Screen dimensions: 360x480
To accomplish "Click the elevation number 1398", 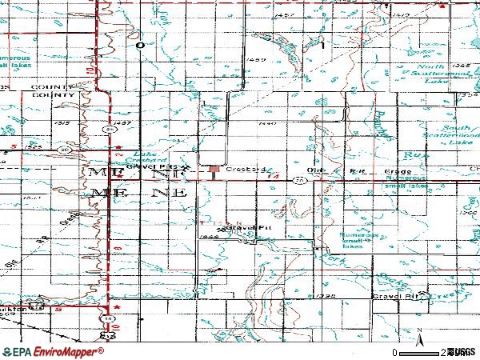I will click(x=325, y=295).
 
